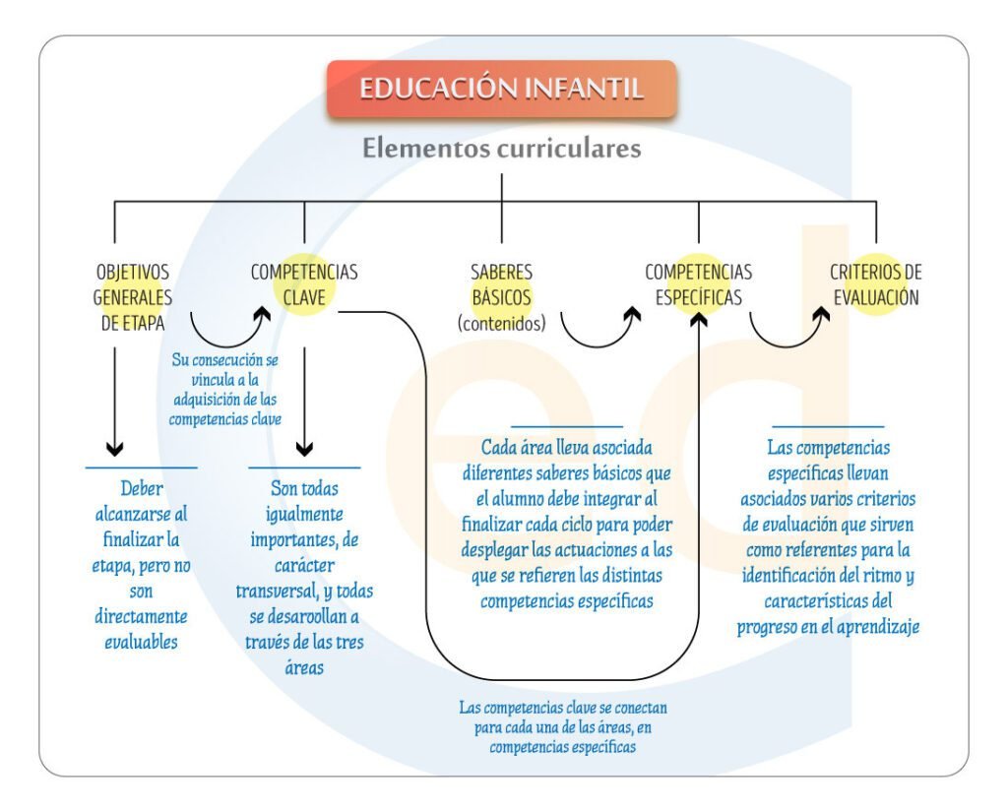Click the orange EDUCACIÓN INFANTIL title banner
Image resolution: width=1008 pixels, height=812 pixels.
pyautogui.click(x=501, y=89)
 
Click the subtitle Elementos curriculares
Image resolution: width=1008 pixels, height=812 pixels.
pyautogui.click(x=501, y=149)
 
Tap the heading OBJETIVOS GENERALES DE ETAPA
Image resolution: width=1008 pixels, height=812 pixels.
pyautogui.click(x=132, y=297)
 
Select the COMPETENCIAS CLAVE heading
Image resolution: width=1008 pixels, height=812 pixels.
pyautogui.click(x=303, y=283)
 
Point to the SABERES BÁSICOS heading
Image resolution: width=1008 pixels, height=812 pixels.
pyautogui.click(x=501, y=283)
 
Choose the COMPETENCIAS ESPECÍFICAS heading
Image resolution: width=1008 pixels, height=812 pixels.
pyautogui.click(x=698, y=283)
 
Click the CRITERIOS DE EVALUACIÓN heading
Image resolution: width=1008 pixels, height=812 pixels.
pyautogui.click(x=875, y=283)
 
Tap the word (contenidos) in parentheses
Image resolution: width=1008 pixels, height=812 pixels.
pyautogui.click(x=501, y=323)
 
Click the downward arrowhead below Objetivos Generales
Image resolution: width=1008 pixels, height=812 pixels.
pyautogui.click(x=115, y=448)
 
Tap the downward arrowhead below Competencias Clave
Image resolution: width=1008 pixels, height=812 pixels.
pyautogui.click(x=304, y=448)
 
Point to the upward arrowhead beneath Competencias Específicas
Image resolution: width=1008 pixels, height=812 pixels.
pyautogui.click(x=699, y=320)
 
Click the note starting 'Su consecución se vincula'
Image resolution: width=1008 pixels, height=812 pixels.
pyautogui.click(x=224, y=390)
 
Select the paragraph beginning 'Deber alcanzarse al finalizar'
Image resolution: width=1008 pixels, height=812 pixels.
pyautogui.click(x=143, y=565)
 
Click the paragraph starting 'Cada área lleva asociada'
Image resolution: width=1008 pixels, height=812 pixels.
pyautogui.click(x=566, y=524)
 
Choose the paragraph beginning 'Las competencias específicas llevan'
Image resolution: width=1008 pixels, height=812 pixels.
pyautogui.click(x=828, y=536)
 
